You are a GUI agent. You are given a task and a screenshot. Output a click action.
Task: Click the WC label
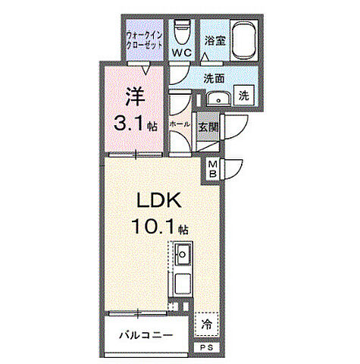(x=182, y=52)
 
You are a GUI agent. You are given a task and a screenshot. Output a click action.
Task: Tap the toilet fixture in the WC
(x=182, y=32)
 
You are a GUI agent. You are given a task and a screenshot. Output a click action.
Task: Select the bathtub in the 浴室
(x=244, y=40)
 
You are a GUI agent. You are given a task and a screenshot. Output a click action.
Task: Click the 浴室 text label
(x=215, y=41)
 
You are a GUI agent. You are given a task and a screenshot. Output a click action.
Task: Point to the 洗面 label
(x=214, y=79)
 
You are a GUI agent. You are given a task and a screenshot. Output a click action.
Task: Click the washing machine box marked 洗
(x=244, y=96)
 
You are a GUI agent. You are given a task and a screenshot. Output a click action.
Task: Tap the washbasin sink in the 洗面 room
(x=219, y=99)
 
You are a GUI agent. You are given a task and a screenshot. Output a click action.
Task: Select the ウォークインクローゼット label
(x=144, y=40)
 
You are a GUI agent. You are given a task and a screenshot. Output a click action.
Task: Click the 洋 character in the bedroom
(x=136, y=96)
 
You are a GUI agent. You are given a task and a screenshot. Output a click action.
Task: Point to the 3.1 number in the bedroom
(x=130, y=123)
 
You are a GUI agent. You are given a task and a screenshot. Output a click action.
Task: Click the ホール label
(x=180, y=124)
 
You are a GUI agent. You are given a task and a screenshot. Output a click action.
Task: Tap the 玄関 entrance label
(x=208, y=127)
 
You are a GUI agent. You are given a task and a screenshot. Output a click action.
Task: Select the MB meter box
(x=213, y=169)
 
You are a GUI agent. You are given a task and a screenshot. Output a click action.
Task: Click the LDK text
(x=159, y=199)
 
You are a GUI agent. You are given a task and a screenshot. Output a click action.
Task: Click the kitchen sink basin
(x=183, y=254)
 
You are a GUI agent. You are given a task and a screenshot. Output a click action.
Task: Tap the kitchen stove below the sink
(x=183, y=284)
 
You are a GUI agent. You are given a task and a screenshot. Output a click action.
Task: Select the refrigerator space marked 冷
(x=207, y=325)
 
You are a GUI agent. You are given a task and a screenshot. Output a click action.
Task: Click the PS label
(x=207, y=348)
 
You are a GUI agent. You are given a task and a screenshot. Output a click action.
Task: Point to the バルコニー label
(x=146, y=335)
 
